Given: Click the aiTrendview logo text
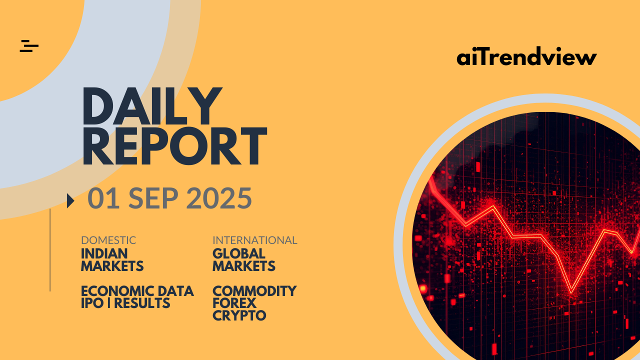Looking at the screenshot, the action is (526, 56).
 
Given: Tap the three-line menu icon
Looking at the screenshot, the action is (29, 46).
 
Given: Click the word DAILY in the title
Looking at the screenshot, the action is (152, 106).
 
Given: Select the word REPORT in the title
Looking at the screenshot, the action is (175, 146).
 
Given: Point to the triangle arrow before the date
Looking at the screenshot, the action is (70, 201).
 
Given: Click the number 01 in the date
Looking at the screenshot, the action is (103, 198).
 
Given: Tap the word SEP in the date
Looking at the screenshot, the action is (153, 198).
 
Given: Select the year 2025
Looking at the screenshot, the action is (219, 198).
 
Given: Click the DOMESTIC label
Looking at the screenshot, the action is (108, 240).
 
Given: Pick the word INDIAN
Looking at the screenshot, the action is (104, 253).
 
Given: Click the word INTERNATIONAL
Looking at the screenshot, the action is (255, 240).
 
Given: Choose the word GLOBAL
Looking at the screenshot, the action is (239, 253).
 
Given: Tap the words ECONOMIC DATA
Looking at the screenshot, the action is (137, 291).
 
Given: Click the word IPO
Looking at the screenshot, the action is (92, 303).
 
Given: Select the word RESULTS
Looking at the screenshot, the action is (142, 303).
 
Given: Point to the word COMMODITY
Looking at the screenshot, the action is (254, 291).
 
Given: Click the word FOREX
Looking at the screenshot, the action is (234, 303).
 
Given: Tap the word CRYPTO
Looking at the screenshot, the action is (239, 315).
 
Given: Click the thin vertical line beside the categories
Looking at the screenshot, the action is (50, 250).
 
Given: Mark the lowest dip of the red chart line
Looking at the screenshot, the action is (571, 292).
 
